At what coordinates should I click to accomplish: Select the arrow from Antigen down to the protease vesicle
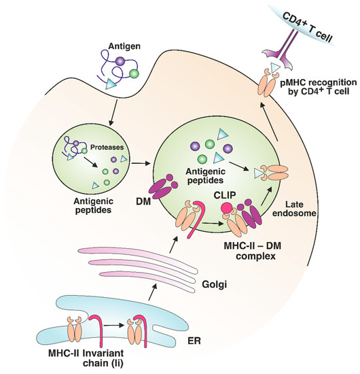click(x=107, y=109)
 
